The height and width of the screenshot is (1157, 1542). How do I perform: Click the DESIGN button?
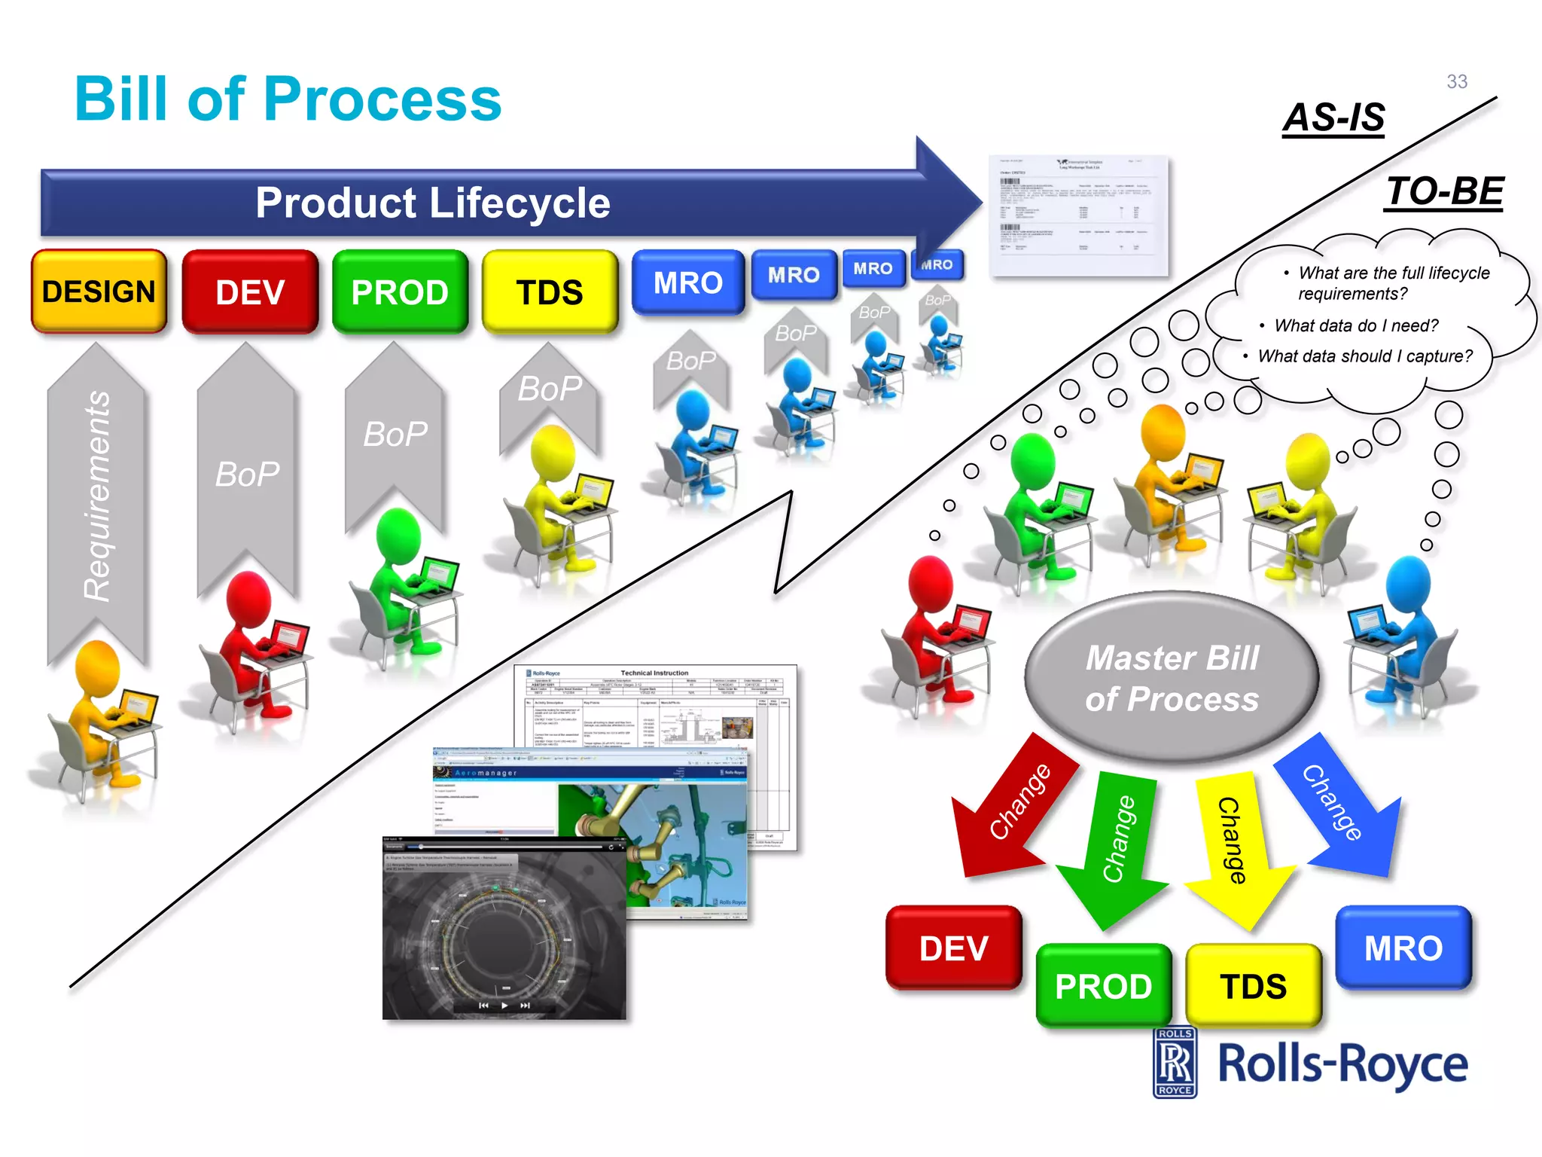[x=99, y=292]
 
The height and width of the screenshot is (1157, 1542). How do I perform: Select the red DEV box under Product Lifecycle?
[x=250, y=292]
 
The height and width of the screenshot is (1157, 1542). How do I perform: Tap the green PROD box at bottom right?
[x=1103, y=986]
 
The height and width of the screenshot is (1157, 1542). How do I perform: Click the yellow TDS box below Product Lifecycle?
[x=550, y=292]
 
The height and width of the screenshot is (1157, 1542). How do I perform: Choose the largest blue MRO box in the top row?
[x=687, y=283]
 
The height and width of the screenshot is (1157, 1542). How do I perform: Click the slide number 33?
[x=1456, y=81]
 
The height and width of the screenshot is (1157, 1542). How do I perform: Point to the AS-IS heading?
[x=1333, y=118]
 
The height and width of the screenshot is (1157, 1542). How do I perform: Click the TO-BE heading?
[x=1444, y=191]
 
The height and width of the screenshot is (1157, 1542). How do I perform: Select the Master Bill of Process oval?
[x=1172, y=678]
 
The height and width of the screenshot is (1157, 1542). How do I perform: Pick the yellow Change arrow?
[x=1235, y=844]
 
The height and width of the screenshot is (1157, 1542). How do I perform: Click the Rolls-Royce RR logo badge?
[x=1175, y=1062]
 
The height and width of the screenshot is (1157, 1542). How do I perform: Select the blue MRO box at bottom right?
[x=1403, y=948]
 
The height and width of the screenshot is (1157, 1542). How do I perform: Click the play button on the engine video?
[x=504, y=1006]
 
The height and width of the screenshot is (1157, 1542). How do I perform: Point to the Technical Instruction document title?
[x=654, y=673]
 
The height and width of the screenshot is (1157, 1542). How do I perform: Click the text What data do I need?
[x=1355, y=325]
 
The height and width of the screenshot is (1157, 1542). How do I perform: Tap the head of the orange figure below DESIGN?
[x=97, y=667]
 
